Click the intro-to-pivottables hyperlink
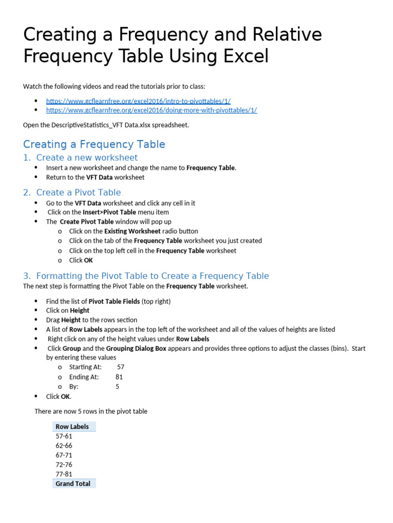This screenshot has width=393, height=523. pos(135,101)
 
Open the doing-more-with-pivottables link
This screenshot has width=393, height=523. pos(151,110)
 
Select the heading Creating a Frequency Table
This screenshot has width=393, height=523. pos(94,145)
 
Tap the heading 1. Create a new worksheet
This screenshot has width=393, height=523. pos(80,158)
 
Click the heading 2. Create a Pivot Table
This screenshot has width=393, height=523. pos(72,193)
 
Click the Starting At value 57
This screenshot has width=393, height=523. pos(121,367)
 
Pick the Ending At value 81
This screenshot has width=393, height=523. pos(119,377)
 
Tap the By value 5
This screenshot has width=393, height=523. pos(117,387)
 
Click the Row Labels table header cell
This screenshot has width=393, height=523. pos(72,426)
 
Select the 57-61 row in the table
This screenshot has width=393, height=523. pos(64,436)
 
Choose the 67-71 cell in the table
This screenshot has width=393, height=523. pos(64,455)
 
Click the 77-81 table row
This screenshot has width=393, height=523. pos(64,474)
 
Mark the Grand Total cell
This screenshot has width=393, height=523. pos(73,484)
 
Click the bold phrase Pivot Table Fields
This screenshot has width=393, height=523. pos(114,301)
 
